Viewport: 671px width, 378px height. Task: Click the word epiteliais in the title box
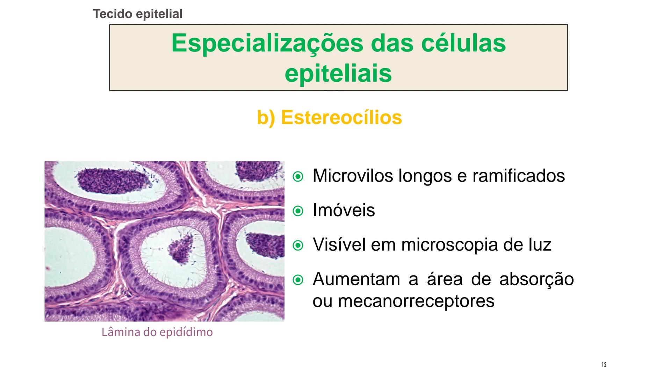click(x=338, y=73)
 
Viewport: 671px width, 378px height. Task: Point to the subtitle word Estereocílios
click(x=341, y=117)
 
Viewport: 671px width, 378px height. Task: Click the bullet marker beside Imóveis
click(x=298, y=211)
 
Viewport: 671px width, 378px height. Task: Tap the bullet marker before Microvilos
click(x=298, y=177)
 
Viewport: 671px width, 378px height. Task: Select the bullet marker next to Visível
click(x=298, y=245)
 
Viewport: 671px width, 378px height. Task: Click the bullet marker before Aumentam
click(x=298, y=280)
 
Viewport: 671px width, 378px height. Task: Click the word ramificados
click(x=519, y=176)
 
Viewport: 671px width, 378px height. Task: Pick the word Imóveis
click(x=344, y=210)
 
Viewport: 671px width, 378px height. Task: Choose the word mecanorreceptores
click(x=416, y=301)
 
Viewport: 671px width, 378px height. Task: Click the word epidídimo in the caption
click(x=186, y=332)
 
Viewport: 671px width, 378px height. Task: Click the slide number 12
click(x=604, y=365)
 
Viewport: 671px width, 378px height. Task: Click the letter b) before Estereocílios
click(x=266, y=118)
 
